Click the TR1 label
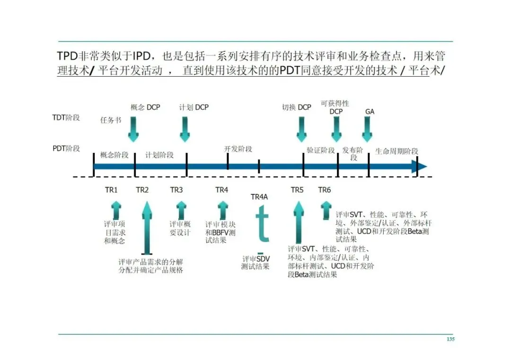click(111, 190)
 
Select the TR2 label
click(142, 190)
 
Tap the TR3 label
click(176, 190)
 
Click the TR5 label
click(297, 190)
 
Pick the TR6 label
click(325, 190)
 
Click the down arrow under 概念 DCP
click(134, 129)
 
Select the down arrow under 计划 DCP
click(185, 129)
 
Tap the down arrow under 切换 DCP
click(301, 129)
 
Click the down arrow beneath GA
click(368, 129)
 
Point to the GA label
click(370, 112)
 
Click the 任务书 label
click(111, 120)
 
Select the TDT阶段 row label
click(66, 117)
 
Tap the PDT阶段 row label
click(66, 149)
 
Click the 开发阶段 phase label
click(238, 149)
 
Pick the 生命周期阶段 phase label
click(396, 151)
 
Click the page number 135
click(450, 339)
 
